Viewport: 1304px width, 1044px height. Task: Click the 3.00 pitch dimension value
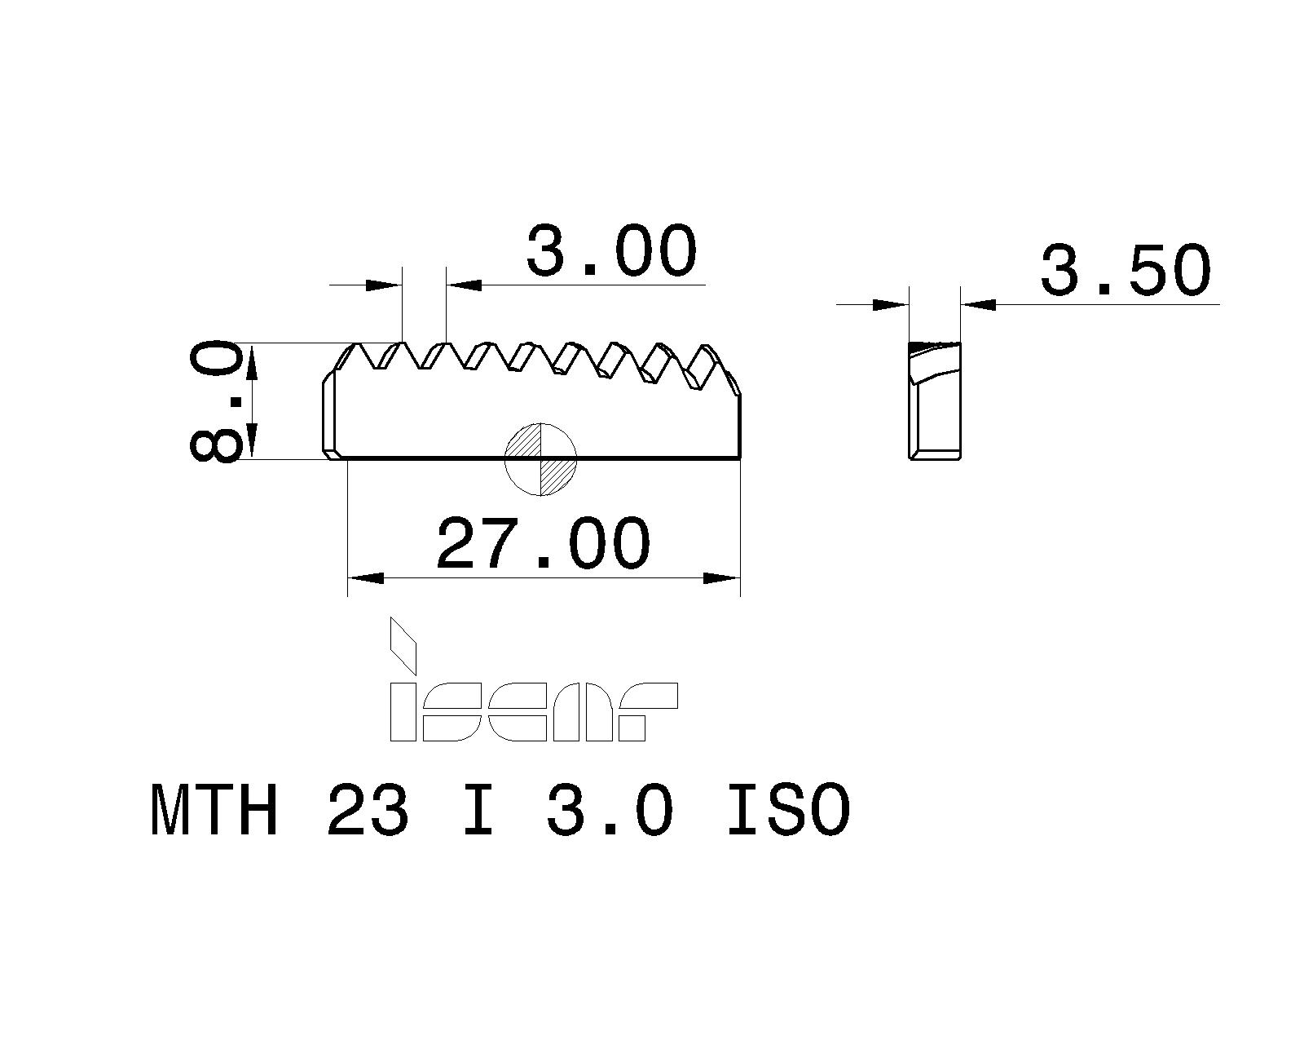pos(611,251)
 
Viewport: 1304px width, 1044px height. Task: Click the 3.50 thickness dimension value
pos(1125,271)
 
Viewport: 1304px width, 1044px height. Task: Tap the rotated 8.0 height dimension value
pos(217,401)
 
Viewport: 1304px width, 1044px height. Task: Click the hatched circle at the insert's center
pos(541,458)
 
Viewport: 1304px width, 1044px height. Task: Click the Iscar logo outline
pos(534,711)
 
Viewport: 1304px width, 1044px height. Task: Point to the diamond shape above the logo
pos(403,644)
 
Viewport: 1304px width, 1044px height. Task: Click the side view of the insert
pos(935,400)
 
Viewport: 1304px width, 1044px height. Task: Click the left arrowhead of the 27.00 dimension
pos(365,578)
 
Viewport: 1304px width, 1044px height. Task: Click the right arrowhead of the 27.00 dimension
pos(722,578)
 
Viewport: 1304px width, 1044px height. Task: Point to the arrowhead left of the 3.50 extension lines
pos(890,305)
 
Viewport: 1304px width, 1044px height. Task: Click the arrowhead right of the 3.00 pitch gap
pos(465,285)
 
